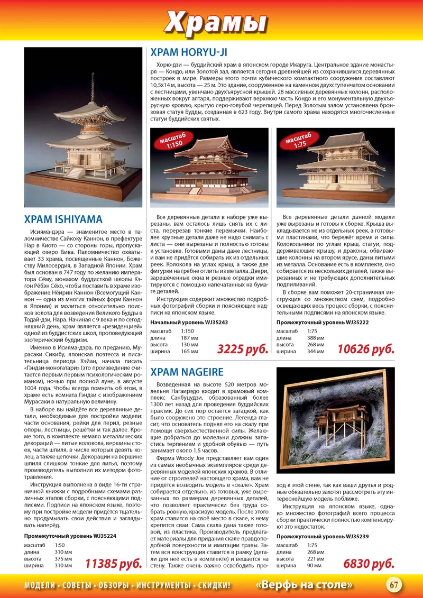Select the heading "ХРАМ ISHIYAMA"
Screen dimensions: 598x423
63,219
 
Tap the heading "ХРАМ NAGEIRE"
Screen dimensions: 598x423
187,372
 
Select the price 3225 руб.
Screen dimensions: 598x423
242,349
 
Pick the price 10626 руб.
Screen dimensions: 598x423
366,349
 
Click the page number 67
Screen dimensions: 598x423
394,585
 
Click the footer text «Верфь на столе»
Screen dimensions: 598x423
305,585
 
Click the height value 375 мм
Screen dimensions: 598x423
63,558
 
